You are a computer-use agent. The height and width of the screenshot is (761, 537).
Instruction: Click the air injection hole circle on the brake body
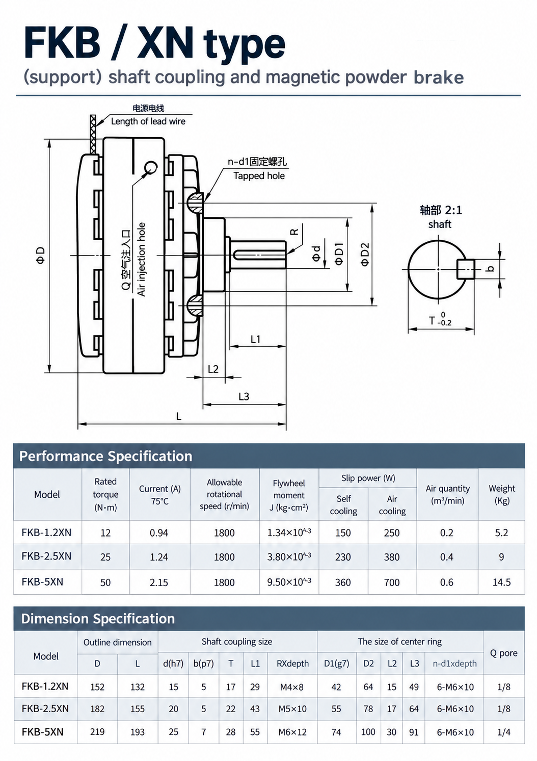pos(151,167)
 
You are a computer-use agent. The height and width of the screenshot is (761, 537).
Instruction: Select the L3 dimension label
pos(244,396)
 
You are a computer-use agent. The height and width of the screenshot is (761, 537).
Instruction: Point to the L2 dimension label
pos(213,369)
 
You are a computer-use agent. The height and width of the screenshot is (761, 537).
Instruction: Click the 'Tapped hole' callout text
pos(259,175)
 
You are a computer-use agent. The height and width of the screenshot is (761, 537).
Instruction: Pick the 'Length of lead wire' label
pos(148,121)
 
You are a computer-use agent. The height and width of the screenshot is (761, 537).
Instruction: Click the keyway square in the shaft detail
pos(465,269)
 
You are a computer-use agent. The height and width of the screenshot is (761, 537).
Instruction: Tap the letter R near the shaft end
pos(294,232)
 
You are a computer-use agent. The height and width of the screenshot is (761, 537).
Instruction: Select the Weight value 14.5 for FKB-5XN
pos(501,582)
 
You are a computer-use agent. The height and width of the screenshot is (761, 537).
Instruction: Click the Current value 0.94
pos(159,532)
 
